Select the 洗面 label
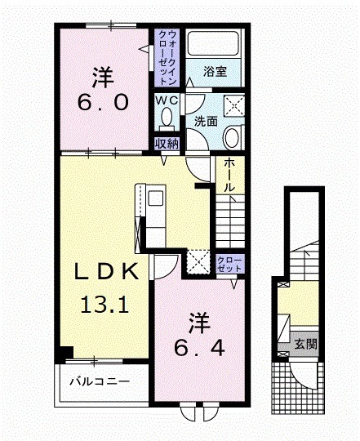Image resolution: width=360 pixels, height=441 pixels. [205, 121]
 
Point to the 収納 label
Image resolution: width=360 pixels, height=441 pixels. [167, 144]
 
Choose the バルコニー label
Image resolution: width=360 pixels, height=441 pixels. [99, 381]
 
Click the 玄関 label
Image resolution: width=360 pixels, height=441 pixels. [305, 345]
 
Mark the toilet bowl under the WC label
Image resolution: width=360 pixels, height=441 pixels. [167, 119]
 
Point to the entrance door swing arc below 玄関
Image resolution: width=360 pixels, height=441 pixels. [307, 376]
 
